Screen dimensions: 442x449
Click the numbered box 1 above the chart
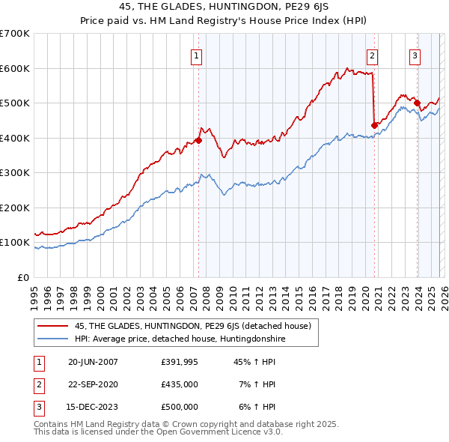(196, 55)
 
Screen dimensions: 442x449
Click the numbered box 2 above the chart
(372, 55)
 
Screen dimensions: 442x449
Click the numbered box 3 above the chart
(415, 55)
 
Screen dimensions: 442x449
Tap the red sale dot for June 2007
(199, 140)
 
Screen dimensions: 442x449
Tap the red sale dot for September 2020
(374, 125)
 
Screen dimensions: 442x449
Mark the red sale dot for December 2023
(417, 103)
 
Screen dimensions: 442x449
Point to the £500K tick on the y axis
(15, 103)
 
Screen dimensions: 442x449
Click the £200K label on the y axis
(15, 208)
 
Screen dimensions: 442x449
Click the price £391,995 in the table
(179, 362)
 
